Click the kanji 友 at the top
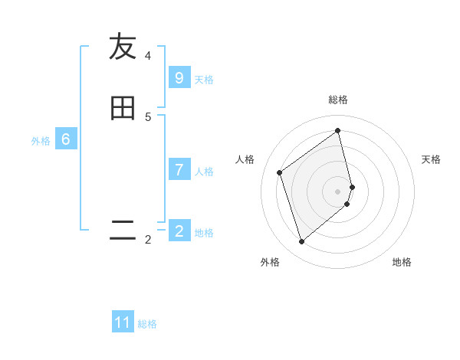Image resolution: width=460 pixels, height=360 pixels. (x=123, y=47)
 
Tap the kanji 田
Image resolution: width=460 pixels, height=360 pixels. (x=123, y=109)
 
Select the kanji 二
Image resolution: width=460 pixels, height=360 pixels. (x=123, y=230)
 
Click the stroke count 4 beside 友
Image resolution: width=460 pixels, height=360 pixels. (x=148, y=56)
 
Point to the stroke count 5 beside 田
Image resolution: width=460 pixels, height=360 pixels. (x=148, y=117)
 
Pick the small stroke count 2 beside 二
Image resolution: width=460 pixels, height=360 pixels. (x=148, y=240)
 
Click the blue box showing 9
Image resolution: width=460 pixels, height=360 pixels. (x=179, y=78)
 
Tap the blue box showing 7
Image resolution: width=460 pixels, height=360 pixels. (x=179, y=170)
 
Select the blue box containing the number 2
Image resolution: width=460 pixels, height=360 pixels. (x=179, y=231)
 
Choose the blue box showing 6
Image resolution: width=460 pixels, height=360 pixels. (x=65, y=139)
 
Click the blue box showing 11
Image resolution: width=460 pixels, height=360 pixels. (x=123, y=322)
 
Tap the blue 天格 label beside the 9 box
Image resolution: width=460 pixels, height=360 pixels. (x=204, y=80)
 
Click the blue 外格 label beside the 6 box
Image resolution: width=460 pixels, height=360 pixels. (x=41, y=141)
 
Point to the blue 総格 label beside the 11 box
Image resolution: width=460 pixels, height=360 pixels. (x=147, y=324)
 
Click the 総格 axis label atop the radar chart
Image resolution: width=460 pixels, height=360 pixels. (x=338, y=100)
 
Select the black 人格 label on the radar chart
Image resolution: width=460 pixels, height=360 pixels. (x=245, y=159)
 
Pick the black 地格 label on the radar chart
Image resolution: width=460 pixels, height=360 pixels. (x=402, y=262)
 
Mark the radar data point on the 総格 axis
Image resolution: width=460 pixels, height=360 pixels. (x=338, y=130)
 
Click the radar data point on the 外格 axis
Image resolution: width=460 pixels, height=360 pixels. (x=301, y=242)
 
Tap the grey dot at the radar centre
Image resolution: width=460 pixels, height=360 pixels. (x=338, y=191)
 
